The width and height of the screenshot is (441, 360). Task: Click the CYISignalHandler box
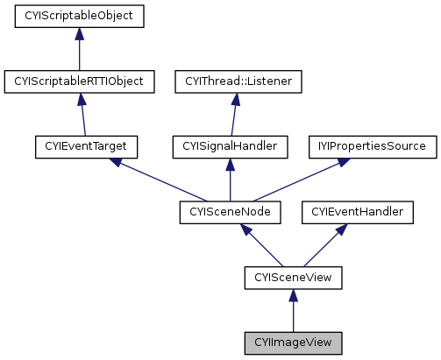(231, 147)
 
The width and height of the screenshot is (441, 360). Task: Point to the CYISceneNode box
(231, 212)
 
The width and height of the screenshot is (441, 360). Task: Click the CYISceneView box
(293, 278)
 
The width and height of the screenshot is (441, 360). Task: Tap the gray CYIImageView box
(293, 342)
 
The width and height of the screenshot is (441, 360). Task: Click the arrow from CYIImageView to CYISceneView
(293, 310)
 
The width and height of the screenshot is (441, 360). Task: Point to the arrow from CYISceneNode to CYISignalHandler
(231, 180)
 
